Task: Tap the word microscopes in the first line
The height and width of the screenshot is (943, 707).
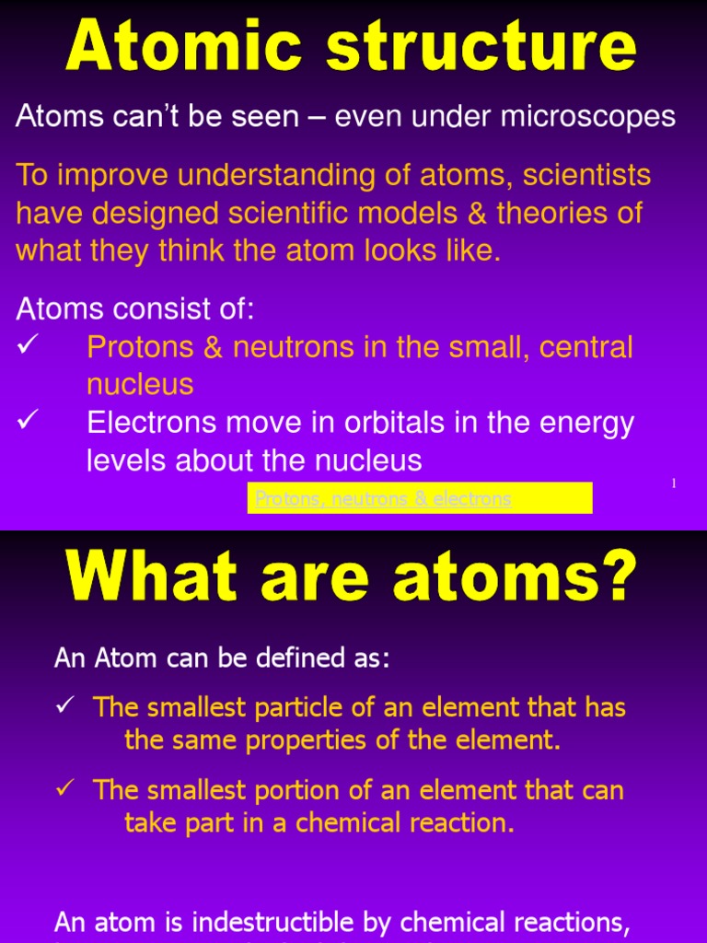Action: (x=592, y=117)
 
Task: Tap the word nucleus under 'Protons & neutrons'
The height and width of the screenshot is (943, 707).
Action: (x=140, y=384)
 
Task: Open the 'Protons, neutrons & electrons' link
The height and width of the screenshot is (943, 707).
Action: (x=383, y=499)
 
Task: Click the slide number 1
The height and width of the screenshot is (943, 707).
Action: (x=673, y=483)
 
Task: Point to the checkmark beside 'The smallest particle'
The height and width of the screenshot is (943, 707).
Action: (x=64, y=707)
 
